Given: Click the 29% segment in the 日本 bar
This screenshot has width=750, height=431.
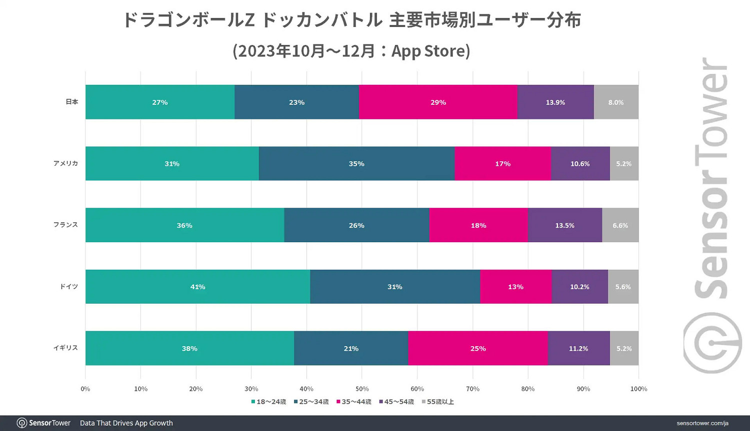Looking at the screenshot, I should (438, 102).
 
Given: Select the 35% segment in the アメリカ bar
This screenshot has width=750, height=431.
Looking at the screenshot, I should (356, 164).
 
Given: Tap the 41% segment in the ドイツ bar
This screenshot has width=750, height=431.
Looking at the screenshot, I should (197, 287).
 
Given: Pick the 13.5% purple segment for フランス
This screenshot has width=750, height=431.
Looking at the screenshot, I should (564, 225).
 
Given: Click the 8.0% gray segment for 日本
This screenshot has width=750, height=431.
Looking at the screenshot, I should (616, 102).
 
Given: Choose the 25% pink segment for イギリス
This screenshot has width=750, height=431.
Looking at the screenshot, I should (478, 348).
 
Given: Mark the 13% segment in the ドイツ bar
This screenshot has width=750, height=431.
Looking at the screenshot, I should (515, 287).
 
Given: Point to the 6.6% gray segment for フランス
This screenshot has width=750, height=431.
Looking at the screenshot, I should (620, 225).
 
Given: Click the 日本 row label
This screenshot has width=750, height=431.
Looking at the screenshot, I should (72, 102).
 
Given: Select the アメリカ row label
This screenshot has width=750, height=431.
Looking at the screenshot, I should (65, 163).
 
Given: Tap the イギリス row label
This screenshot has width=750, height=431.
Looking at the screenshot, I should (65, 348).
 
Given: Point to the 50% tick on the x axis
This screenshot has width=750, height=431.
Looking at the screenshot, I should (362, 389).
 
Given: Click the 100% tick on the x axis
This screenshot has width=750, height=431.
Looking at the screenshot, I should (638, 389).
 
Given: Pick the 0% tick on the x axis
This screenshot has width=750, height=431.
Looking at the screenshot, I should (85, 389).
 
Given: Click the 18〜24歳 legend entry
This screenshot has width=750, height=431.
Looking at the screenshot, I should (268, 402).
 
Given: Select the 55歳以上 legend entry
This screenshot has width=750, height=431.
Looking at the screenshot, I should (438, 402).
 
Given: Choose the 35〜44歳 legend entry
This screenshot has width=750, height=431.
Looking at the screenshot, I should (354, 402).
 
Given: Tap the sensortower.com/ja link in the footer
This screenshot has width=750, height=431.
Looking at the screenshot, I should (702, 423).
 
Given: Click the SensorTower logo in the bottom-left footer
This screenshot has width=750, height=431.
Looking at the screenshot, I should (44, 423).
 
